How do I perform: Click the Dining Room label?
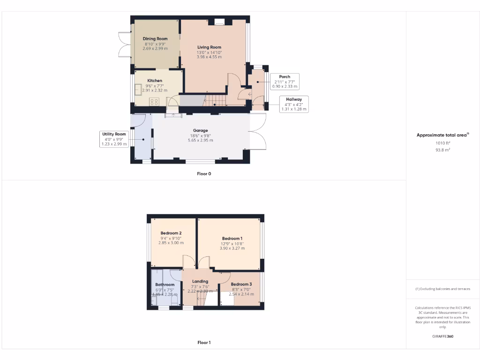pyautogui.click(x=155, y=38)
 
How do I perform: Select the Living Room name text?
pyautogui.click(x=209, y=47)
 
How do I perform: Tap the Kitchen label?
pyautogui.click(x=155, y=81)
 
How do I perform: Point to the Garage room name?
pyautogui.click(x=200, y=131)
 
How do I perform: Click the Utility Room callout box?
pyautogui.click(x=114, y=139)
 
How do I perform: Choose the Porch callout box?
pyautogui.click(x=285, y=82)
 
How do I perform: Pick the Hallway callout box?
pyautogui.click(x=294, y=104)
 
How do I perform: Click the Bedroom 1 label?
pyautogui.click(x=232, y=239)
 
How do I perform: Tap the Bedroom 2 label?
pyautogui.click(x=171, y=233)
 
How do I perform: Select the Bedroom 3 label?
pyautogui.click(x=241, y=285)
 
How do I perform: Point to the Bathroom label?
pyautogui.click(x=165, y=285)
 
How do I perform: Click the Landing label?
pyautogui.click(x=200, y=281)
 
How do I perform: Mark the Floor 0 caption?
pyautogui.click(x=204, y=173)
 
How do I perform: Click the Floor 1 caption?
pyautogui.click(x=204, y=343)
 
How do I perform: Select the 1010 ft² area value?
pyautogui.click(x=442, y=143)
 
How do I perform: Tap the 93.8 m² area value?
pyautogui.click(x=442, y=150)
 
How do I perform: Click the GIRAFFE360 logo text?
pyautogui.click(x=442, y=336)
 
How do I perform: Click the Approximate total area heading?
pyautogui.click(x=442, y=135)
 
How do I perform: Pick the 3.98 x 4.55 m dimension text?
pyautogui.click(x=209, y=57)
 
